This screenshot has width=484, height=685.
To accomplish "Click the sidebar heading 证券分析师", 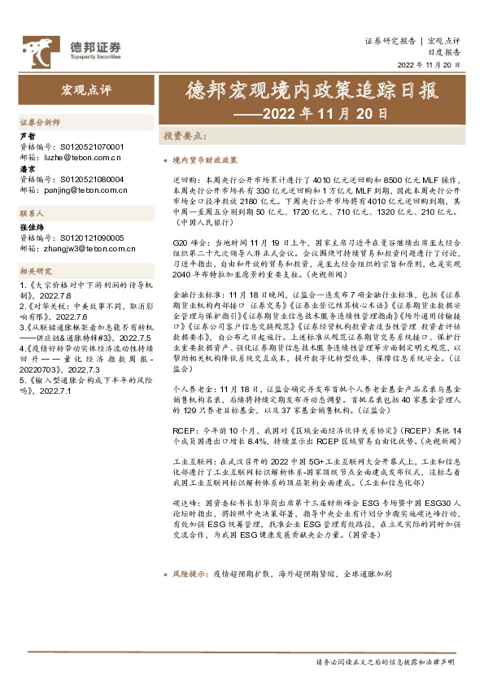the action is [x=40, y=120].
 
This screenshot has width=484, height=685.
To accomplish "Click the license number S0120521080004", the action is [x=89, y=178].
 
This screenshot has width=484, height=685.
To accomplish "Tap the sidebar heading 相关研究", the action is [x=36, y=270].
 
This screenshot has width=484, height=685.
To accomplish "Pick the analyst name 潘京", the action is [x=27, y=169].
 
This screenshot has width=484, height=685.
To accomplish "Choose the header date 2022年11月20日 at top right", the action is [x=429, y=64].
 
